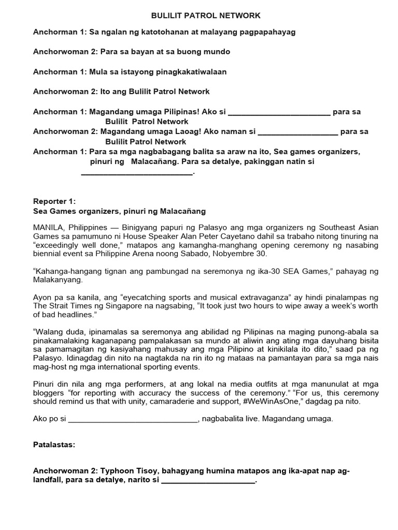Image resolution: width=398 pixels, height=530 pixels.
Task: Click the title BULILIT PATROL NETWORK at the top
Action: (x=198, y=16)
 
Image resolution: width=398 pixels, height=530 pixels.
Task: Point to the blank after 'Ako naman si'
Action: (x=298, y=132)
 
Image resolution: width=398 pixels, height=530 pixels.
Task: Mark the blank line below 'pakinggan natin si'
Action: (x=137, y=173)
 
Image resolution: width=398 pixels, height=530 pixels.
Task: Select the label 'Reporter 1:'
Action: (x=54, y=201)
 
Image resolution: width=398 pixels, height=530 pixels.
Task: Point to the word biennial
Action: (x=48, y=254)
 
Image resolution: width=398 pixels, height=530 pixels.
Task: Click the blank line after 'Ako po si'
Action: (x=133, y=419)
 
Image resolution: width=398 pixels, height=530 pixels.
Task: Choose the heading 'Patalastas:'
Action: (x=54, y=445)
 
